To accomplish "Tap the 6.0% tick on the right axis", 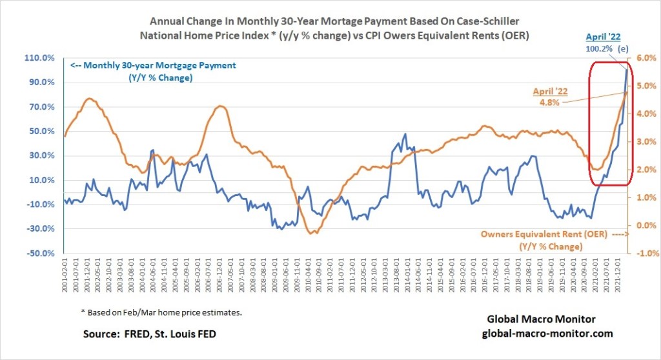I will [x=646, y=58].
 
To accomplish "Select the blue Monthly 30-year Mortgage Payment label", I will [x=152, y=65].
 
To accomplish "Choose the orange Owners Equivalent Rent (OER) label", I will [x=544, y=235].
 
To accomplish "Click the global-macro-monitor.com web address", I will [x=538, y=334].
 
